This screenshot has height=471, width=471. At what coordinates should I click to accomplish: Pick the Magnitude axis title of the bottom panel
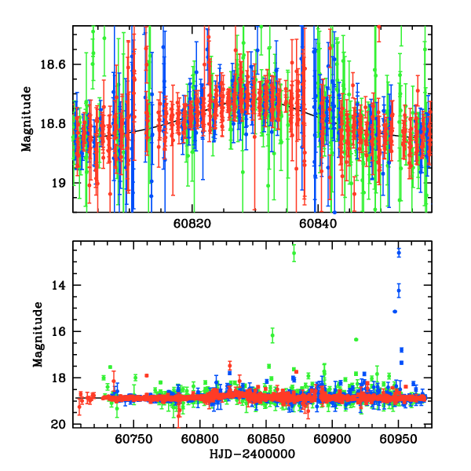37,336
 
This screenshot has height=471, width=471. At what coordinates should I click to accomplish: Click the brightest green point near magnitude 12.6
294,253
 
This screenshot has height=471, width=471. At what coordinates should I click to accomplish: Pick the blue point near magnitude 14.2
399,290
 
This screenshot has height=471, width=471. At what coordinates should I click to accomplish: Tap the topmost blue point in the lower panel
399,252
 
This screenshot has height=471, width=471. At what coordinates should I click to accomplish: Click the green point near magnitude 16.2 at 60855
272,335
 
